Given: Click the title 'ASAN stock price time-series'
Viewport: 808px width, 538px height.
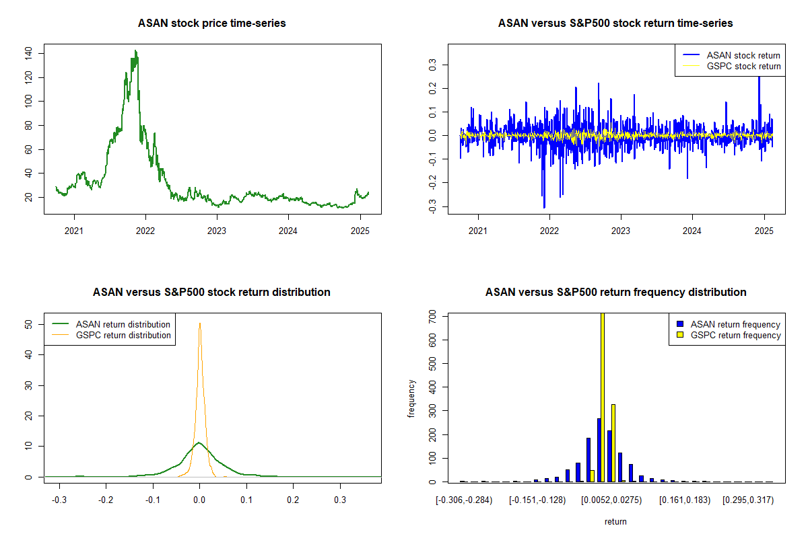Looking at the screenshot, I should point(211,24).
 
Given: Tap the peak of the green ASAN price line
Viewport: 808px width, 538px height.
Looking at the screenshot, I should point(135,51).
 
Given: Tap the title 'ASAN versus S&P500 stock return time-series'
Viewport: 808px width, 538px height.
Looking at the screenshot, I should point(615,24).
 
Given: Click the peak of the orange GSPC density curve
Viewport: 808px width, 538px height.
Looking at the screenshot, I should point(199,323).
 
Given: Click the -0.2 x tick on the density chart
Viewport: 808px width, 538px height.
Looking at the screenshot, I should point(106,501).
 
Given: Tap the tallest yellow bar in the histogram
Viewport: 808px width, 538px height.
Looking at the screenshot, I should point(602,397).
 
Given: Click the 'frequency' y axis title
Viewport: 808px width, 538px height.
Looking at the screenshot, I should point(412,398).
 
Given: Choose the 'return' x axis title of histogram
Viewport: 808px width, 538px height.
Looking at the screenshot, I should point(615,521).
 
